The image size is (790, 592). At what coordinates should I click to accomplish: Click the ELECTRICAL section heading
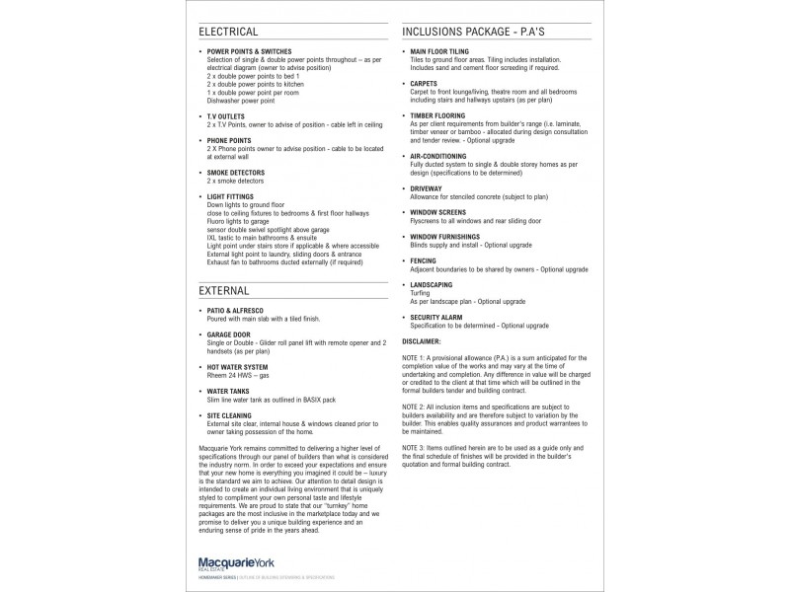[229, 32]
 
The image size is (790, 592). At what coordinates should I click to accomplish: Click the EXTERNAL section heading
[224, 291]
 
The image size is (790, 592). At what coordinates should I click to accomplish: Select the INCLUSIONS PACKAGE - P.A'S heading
[474, 32]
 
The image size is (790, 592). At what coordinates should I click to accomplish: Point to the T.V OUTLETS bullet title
[226, 115]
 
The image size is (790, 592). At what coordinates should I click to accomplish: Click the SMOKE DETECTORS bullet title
[236, 173]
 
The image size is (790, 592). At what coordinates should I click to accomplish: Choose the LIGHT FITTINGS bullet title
[231, 196]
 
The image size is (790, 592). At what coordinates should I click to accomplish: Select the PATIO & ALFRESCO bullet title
[235, 311]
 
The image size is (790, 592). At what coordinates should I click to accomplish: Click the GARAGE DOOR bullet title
[229, 334]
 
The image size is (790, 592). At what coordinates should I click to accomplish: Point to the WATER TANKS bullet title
[229, 390]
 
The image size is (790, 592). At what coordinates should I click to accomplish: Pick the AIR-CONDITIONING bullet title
[438, 155]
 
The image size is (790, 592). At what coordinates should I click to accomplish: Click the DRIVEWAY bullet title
[426, 186]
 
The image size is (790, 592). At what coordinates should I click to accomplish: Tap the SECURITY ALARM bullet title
[436, 317]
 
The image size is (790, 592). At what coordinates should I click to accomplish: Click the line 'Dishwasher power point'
[241, 101]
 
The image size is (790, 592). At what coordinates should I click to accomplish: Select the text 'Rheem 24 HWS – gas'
[239, 375]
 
